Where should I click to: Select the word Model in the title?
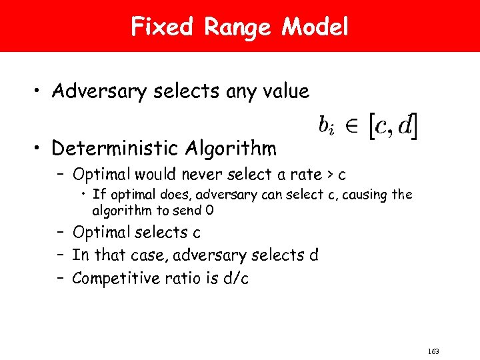[315, 27]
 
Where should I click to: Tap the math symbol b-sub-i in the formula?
[326, 125]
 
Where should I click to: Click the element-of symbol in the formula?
[351, 126]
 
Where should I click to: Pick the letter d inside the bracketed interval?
[404, 125]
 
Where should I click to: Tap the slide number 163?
[434, 351]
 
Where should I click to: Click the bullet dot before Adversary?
[41, 93]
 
